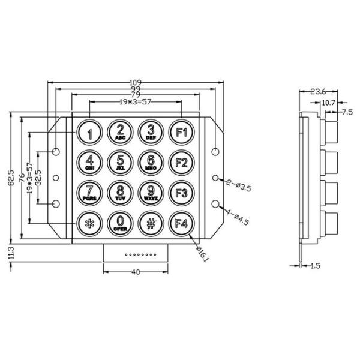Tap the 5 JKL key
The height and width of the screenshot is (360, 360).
(x=120, y=163)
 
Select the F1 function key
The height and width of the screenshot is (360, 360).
(x=181, y=133)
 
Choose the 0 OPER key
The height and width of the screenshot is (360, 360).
(x=120, y=224)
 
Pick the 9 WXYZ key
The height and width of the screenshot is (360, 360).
(x=151, y=193)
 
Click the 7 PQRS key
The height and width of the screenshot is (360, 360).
(x=89, y=193)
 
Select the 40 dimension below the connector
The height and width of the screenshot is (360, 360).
(x=135, y=272)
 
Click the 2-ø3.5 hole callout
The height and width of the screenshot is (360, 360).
(x=236, y=187)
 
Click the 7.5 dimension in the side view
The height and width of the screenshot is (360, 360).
(x=347, y=112)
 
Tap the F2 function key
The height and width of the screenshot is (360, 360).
(x=181, y=163)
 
